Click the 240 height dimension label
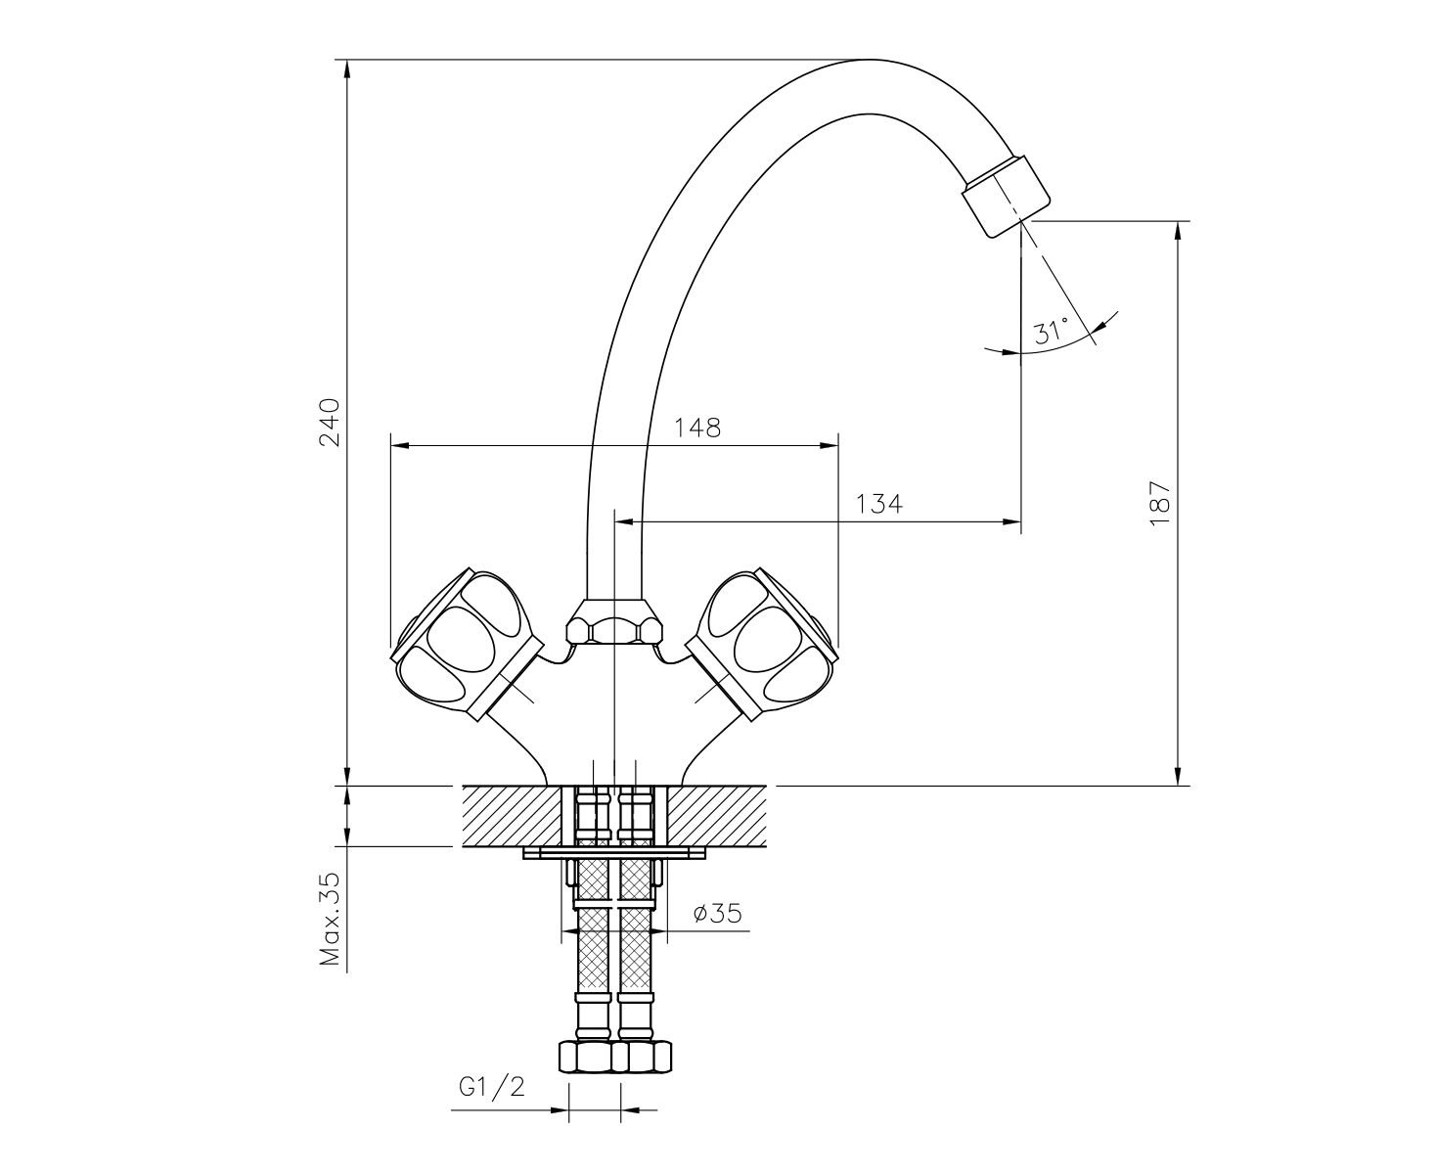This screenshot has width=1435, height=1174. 330,422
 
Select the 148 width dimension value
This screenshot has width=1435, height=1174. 696,429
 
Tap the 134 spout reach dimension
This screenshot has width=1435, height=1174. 878,504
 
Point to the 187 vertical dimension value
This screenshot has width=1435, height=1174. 1159,503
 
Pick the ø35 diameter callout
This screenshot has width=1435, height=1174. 717,913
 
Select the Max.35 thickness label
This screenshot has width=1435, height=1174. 330,918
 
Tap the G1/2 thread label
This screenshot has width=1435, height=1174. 492,1088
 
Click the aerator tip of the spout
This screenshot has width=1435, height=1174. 1007,196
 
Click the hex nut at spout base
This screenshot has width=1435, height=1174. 613,621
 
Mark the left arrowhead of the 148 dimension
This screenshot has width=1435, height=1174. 400,446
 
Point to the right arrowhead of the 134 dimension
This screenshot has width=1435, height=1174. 1011,522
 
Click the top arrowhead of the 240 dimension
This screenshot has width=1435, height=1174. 347,69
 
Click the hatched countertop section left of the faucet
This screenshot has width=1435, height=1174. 512,816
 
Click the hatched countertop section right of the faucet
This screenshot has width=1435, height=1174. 716,816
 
